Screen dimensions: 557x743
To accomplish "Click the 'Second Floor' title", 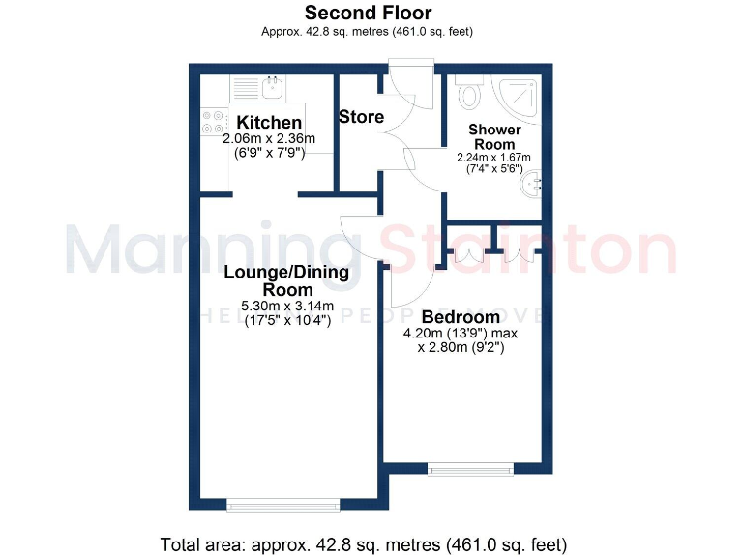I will [x=368, y=13].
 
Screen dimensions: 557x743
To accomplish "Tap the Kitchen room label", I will [x=270, y=123].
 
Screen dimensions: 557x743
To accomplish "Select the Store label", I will [x=361, y=117].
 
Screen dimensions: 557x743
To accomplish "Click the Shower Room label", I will [x=494, y=136].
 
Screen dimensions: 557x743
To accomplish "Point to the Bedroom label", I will [x=460, y=317].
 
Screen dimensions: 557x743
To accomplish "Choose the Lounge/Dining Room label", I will [x=286, y=280].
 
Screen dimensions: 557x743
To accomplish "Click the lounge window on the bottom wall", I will [x=283, y=503].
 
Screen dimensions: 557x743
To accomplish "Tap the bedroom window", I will [x=469, y=470].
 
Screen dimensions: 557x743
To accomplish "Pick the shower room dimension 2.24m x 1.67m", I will [x=493, y=158].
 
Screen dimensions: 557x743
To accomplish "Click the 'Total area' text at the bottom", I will [x=363, y=543].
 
